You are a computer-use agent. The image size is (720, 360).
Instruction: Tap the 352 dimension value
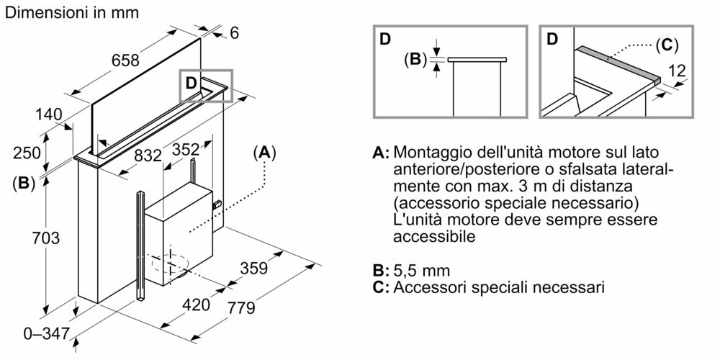[x=185, y=149]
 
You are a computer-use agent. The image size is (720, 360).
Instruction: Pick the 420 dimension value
[x=196, y=304]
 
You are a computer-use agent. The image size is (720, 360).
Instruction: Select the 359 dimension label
[x=253, y=269]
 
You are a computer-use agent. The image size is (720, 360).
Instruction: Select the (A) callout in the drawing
[x=265, y=153]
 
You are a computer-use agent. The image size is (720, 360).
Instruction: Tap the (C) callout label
[x=666, y=45]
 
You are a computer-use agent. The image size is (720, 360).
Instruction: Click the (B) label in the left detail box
[x=415, y=59]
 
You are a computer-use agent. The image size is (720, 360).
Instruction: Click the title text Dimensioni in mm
[x=73, y=12]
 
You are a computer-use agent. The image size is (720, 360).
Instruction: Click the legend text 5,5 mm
[x=421, y=271]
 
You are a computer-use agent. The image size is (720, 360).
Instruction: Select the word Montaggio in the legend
[x=428, y=153]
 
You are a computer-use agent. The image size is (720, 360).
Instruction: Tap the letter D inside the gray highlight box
[x=191, y=83]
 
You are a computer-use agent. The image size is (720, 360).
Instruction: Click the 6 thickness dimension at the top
[x=235, y=32]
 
